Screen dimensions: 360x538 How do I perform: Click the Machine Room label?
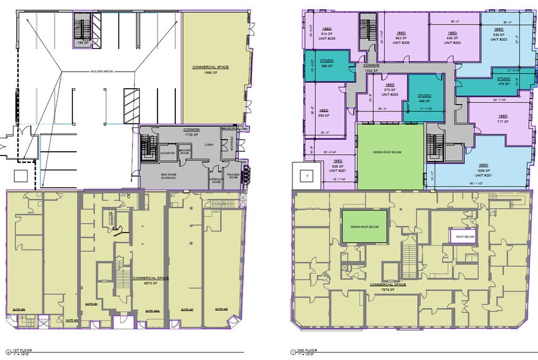[x=184, y=153]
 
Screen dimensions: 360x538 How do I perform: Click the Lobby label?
[x=209, y=145]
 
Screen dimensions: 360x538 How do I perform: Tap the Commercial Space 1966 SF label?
[x=210, y=69]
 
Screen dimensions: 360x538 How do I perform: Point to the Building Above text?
[x=110, y=72]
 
